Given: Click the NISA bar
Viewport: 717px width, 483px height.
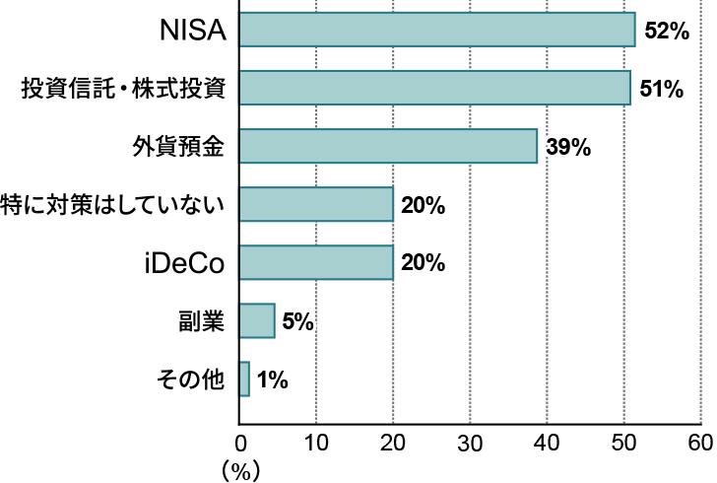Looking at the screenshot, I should point(436,30).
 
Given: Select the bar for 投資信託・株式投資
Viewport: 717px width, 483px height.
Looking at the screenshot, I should point(433,88).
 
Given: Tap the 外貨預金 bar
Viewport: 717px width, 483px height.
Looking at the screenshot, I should point(387,146).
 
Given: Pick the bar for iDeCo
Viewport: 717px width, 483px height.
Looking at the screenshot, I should point(315,263).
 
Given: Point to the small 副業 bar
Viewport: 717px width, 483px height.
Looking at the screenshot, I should point(257,320).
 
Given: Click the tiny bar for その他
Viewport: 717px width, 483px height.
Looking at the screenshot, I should point(244,379).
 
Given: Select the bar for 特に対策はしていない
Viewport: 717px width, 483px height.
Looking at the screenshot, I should point(315,205).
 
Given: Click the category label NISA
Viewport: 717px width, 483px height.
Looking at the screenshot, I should point(193,32).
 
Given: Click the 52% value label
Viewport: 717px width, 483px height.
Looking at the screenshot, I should point(665,31).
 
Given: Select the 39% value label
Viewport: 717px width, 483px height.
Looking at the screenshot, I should point(568,148).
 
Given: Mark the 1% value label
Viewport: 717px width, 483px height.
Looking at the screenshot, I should point(272,379).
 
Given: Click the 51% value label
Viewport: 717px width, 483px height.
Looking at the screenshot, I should point(661,89).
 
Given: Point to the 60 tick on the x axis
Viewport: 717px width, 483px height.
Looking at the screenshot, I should point(700,440).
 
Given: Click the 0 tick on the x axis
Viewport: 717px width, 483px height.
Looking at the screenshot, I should point(240,440).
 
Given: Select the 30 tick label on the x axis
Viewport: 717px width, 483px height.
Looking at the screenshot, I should point(470,440).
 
